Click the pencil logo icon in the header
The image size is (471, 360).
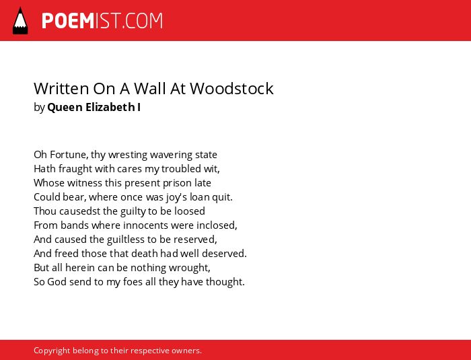(20, 21)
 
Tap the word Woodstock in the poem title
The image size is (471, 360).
(231, 88)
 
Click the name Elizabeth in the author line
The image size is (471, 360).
(110, 107)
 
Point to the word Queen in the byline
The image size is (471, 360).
(65, 107)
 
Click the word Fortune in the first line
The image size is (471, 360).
(69, 155)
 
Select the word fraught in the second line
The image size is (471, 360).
(75, 169)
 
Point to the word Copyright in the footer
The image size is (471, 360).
(52, 351)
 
